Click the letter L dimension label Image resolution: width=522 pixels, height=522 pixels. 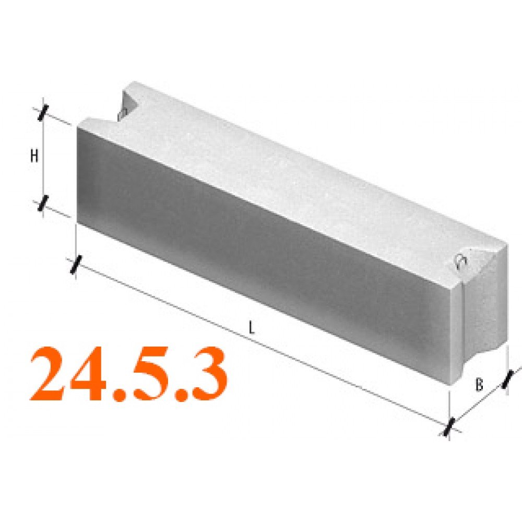[252, 328]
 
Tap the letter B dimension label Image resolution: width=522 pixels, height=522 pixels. [479, 385]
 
